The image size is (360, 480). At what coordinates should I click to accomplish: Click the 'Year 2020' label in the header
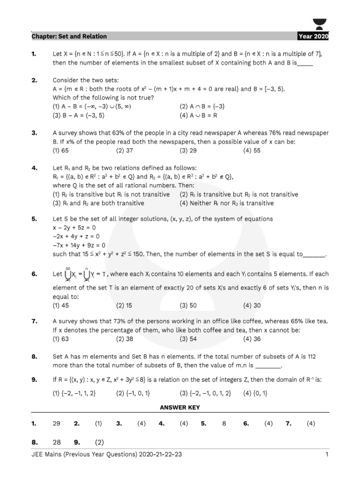[x=313, y=36]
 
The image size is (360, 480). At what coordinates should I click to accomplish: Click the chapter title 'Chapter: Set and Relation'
[x=69, y=36]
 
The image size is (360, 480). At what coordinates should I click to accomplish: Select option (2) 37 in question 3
[x=125, y=151]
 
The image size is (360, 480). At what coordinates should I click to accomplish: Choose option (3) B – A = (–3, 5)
[x=78, y=115]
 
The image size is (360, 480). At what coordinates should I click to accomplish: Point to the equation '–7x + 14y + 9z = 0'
[x=79, y=245]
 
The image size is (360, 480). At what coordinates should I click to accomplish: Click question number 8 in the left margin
[x=34, y=357]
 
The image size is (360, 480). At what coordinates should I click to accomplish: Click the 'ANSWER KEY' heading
[x=180, y=408]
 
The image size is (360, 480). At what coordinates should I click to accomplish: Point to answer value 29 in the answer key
[x=56, y=423]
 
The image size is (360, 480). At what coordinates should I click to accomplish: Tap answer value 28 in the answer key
[x=56, y=442]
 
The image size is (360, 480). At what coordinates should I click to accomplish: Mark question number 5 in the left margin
[x=34, y=219]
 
